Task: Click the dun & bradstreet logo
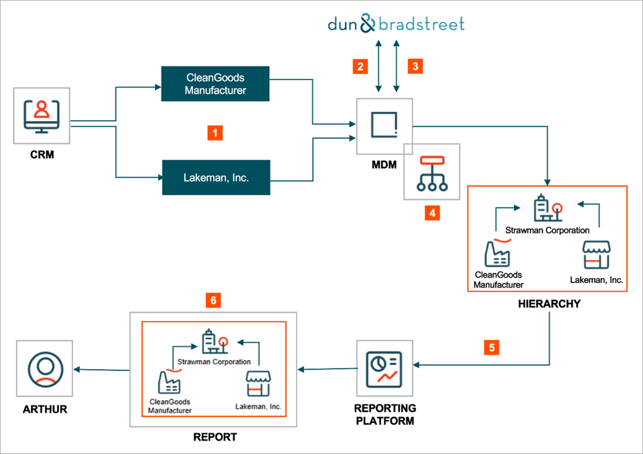pyautogui.click(x=396, y=25)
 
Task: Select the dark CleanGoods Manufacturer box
pyautogui.click(x=216, y=84)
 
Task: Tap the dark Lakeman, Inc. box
pyautogui.click(x=216, y=178)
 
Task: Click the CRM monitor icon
pyautogui.click(x=42, y=116)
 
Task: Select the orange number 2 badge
pyautogui.click(x=361, y=66)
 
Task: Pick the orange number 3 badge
pyautogui.click(x=415, y=66)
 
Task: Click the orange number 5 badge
pyautogui.click(x=492, y=347)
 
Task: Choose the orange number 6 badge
pyautogui.click(x=213, y=301)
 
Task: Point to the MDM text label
pyautogui.click(x=383, y=164)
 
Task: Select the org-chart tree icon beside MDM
pyautogui.click(x=432, y=172)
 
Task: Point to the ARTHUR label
pyautogui.click(x=44, y=409)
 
